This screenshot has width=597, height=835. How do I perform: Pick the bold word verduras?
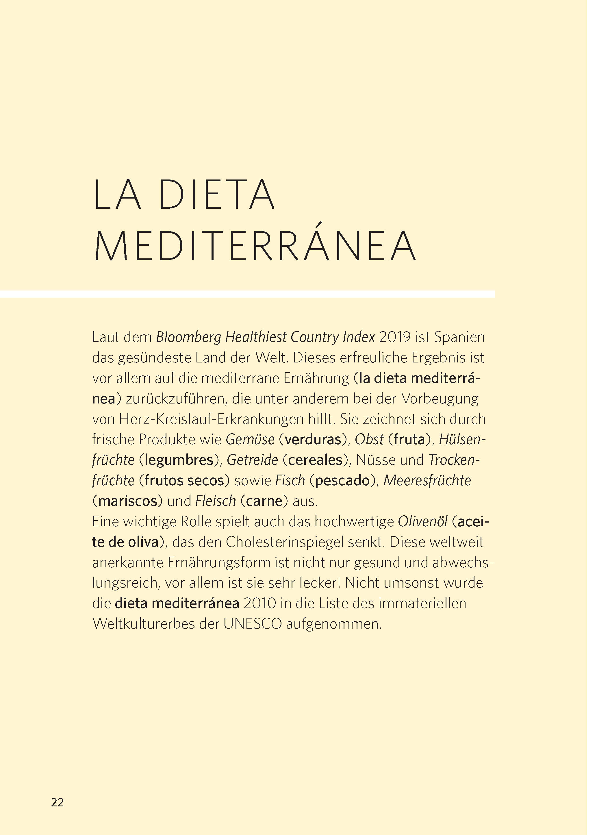point(313,440)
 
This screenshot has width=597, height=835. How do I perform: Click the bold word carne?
point(264,501)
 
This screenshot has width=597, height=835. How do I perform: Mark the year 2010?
point(259,604)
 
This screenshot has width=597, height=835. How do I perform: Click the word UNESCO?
point(253,624)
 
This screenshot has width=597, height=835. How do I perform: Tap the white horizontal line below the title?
point(247,294)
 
